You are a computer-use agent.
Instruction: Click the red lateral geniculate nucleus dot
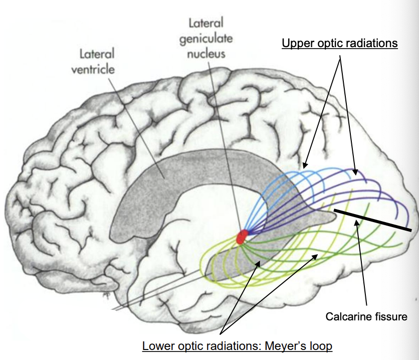242,237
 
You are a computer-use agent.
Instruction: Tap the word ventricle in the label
93,69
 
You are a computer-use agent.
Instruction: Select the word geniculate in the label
206,39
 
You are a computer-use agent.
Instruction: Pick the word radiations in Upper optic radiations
371,44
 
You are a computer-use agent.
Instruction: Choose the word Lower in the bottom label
156,346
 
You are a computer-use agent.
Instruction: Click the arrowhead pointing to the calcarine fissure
356,225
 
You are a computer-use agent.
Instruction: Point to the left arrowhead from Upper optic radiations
305,165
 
